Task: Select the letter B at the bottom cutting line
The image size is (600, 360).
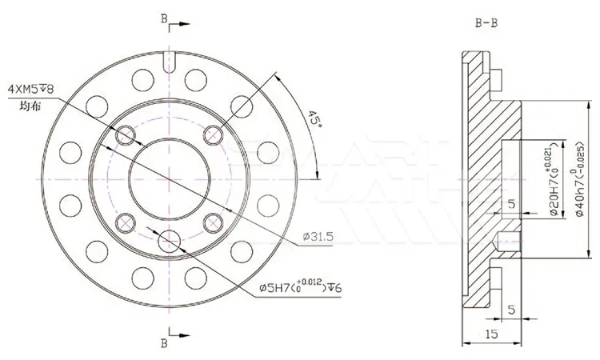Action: coord(163,344)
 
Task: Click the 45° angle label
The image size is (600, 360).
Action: coord(314,121)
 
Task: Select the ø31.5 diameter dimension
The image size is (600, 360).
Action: coord(318,236)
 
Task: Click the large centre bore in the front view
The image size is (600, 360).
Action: coord(170,180)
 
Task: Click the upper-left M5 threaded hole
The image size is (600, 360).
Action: coord(125,137)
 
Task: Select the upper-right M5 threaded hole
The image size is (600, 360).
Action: coord(214,135)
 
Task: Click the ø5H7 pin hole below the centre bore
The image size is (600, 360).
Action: coord(170,241)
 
